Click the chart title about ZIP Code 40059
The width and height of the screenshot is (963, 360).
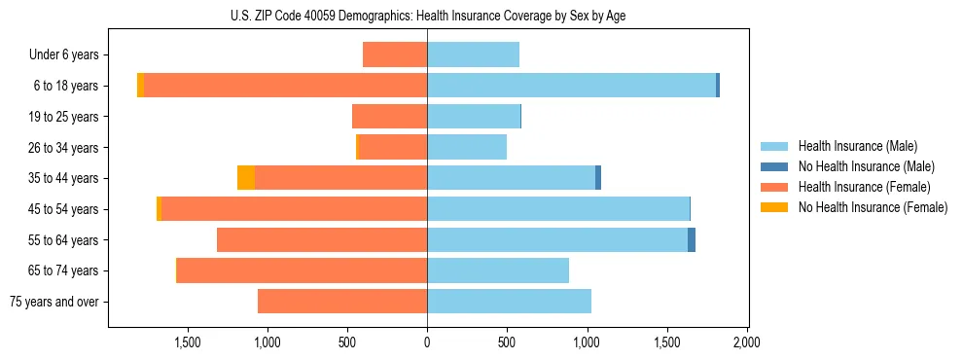point(427,16)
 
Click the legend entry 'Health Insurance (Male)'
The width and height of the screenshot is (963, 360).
point(857,146)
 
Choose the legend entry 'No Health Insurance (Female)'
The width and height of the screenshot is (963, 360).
point(873,207)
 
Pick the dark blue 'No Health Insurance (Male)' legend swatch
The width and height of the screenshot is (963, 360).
point(774,166)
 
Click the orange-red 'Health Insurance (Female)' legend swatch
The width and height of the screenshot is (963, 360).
point(774,187)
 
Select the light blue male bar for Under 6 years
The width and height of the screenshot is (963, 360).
point(473,54)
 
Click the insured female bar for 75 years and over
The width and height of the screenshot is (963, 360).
point(342,302)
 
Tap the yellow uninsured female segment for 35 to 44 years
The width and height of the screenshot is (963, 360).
point(246,178)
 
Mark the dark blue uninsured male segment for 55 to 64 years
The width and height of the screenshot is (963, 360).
point(692,239)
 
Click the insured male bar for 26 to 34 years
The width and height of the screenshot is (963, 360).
point(467,147)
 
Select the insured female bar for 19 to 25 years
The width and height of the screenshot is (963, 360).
point(389,117)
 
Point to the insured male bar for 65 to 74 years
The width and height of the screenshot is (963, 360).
point(498,270)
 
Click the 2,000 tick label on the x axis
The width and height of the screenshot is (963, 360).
point(746,342)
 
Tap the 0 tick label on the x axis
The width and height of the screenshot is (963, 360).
point(427,342)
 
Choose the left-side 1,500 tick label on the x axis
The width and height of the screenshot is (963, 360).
point(187,342)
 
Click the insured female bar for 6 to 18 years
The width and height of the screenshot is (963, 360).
point(286,86)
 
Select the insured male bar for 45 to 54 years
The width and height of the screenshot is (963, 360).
point(558,209)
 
